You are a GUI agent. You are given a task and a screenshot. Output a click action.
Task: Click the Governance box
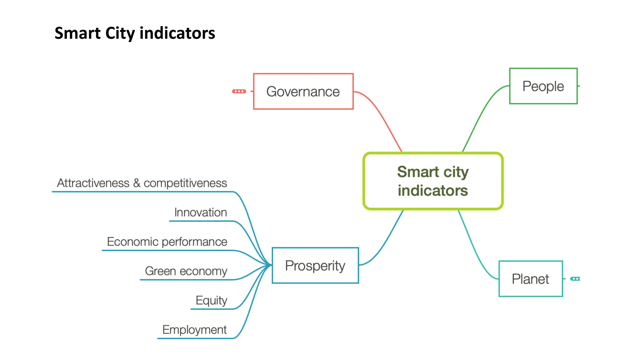click(303, 92)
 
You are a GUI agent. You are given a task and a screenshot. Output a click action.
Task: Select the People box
click(543, 86)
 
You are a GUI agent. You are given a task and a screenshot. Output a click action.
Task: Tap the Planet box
click(530, 279)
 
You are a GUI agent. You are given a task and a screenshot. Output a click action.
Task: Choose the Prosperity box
click(315, 266)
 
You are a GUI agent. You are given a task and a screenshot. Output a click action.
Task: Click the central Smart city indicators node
click(433, 181)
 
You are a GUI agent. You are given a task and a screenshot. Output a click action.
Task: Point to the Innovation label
click(201, 212)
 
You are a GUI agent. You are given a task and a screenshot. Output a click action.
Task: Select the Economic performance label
click(167, 242)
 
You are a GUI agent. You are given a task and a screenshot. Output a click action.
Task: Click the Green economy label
click(186, 271)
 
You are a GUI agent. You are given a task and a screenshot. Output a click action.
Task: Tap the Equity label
click(211, 300)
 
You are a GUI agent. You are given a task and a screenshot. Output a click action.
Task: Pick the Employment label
click(194, 330)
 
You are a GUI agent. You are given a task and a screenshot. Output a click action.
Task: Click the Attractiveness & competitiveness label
click(142, 183)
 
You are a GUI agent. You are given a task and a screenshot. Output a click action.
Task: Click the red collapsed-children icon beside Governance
click(239, 91)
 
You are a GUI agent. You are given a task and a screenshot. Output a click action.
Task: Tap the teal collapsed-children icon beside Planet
click(575, 279)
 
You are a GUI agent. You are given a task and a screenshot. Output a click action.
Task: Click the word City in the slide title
click(120, 33)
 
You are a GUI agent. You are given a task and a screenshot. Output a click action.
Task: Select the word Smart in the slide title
click(77, 33)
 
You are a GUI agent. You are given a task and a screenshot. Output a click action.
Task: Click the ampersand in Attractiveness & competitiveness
click(137, 183)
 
